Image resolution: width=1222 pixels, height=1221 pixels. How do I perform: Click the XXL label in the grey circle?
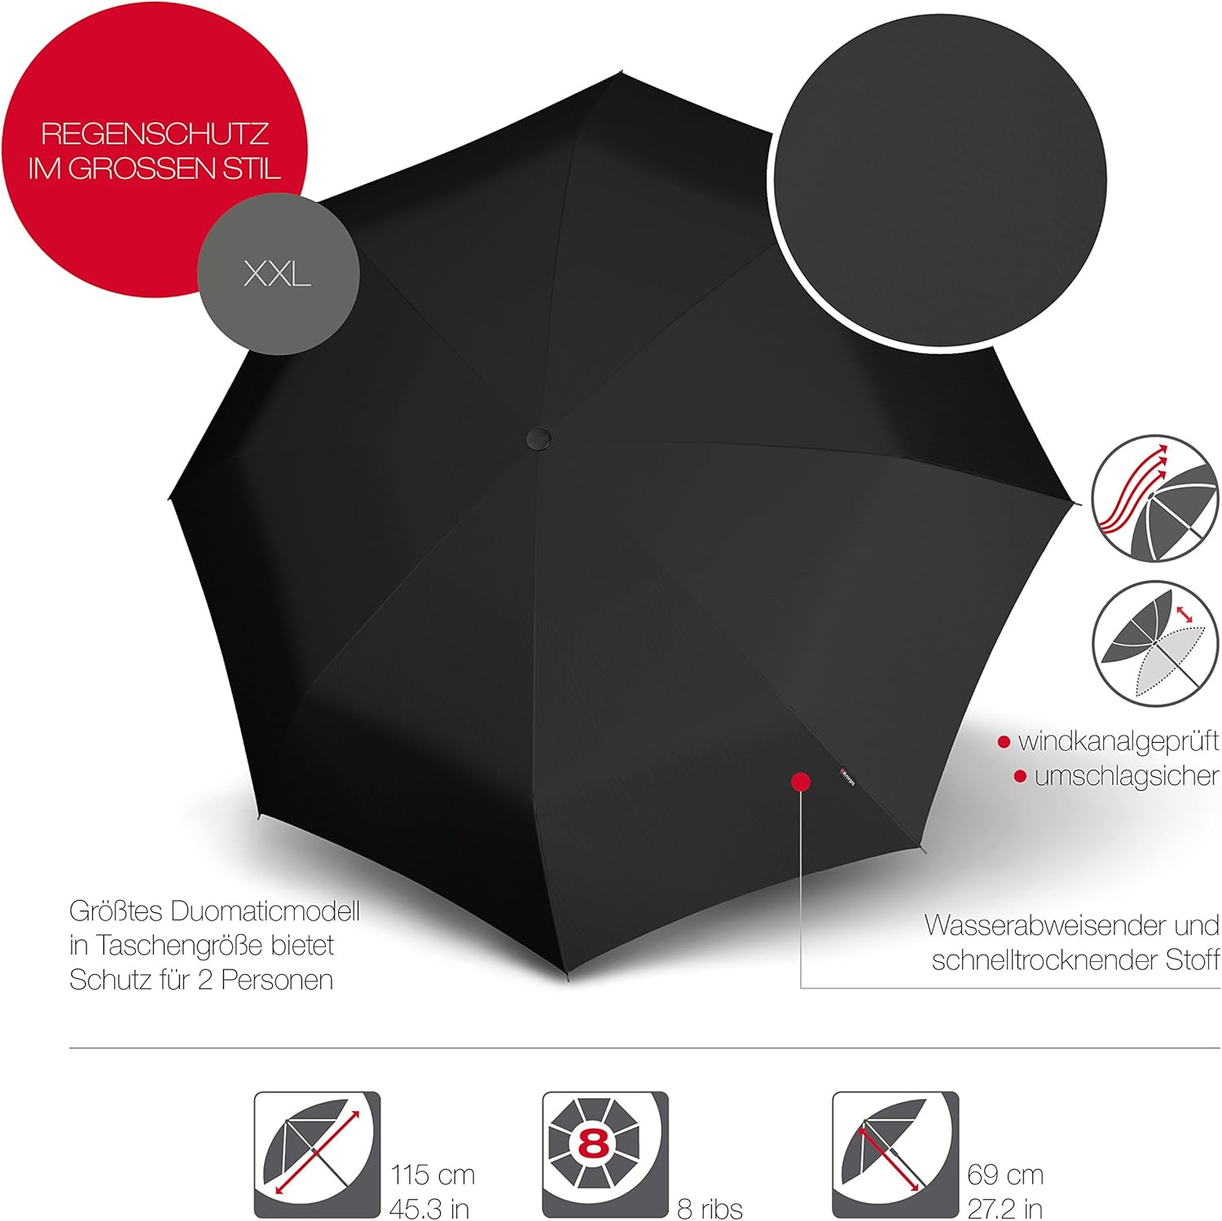pos(277,275)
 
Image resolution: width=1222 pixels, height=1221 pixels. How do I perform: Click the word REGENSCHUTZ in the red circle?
pos(155,134)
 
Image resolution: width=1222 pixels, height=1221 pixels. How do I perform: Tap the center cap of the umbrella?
pos(538,437)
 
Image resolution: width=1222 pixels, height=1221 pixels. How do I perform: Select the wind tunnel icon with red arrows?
pos(1155,498)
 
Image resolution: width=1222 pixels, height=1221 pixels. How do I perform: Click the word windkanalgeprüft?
pos(1118,741)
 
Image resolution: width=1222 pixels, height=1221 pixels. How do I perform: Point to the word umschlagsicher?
pos(1126,776)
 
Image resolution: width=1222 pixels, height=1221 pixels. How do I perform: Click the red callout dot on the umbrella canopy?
pos(801,782)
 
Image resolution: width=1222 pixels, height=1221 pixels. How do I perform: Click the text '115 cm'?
pos(432,1175)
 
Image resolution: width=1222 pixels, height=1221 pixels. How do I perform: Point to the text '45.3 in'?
pos(429,1209)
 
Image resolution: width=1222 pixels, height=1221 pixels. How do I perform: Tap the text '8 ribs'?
pos(710,1209)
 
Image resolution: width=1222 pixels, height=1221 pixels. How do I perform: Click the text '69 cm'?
pos(1005,1175)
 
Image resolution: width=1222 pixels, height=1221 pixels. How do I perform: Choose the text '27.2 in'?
pos(1005,1209)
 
